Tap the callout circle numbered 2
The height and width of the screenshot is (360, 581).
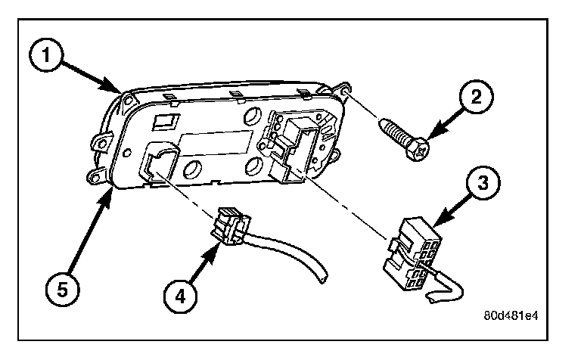pyautogui.click(x=477, y=97)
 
